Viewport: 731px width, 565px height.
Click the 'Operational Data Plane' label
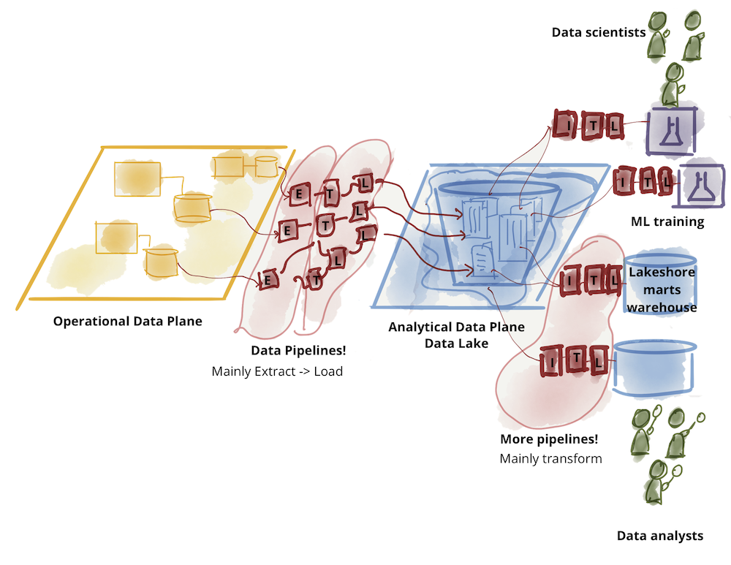point(127,321)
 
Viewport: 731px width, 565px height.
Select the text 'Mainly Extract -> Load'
point(277,371)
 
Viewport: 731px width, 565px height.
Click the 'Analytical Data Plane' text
point(456,327)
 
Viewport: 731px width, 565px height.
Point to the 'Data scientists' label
point(599,32)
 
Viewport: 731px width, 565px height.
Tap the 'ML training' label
point(667,221)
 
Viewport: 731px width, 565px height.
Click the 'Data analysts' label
point(659,536)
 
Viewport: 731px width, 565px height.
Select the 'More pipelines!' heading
point(549,439)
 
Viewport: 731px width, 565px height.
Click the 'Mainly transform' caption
point(550,459)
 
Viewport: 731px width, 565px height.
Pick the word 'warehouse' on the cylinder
point(662,308)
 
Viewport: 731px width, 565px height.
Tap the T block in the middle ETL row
point(325,226)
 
